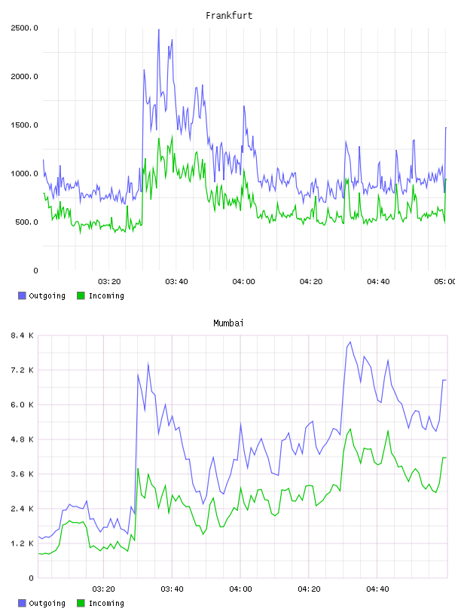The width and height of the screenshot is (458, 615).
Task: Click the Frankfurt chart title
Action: [229, 16]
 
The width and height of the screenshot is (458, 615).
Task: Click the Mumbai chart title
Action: [228, 323]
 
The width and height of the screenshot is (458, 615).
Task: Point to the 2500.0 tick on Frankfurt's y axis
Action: [24, 28]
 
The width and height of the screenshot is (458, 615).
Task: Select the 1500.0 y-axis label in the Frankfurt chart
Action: [24, 125]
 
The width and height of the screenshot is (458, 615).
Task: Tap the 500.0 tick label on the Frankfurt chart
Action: [26, 222]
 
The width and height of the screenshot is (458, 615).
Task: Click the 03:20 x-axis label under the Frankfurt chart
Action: [109, 281]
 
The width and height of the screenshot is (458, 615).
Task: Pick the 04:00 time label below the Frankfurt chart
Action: [243, 281]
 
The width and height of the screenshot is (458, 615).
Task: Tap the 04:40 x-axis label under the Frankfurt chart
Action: [378, 281]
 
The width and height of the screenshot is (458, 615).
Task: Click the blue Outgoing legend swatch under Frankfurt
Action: [22, 295]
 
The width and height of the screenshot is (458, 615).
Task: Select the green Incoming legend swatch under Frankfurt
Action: [81, 295]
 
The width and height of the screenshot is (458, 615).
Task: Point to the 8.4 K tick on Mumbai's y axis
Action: [23, 335]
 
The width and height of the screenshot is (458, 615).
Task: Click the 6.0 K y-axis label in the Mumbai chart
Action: [23, 405]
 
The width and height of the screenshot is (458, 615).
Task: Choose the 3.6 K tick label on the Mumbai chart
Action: [23, 474]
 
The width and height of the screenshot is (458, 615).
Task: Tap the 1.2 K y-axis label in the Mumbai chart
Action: [23, 543]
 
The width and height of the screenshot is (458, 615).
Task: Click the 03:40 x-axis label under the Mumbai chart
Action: [173, 589]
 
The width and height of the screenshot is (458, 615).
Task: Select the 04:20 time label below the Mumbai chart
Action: [309, 589]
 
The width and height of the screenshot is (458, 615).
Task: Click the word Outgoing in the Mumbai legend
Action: [47, 603]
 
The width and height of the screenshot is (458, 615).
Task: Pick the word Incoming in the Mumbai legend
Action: [106, 603]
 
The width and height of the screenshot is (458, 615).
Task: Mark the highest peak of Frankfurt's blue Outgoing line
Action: [159, 29]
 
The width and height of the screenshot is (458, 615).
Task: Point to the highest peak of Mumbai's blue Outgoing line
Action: [350, 342]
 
